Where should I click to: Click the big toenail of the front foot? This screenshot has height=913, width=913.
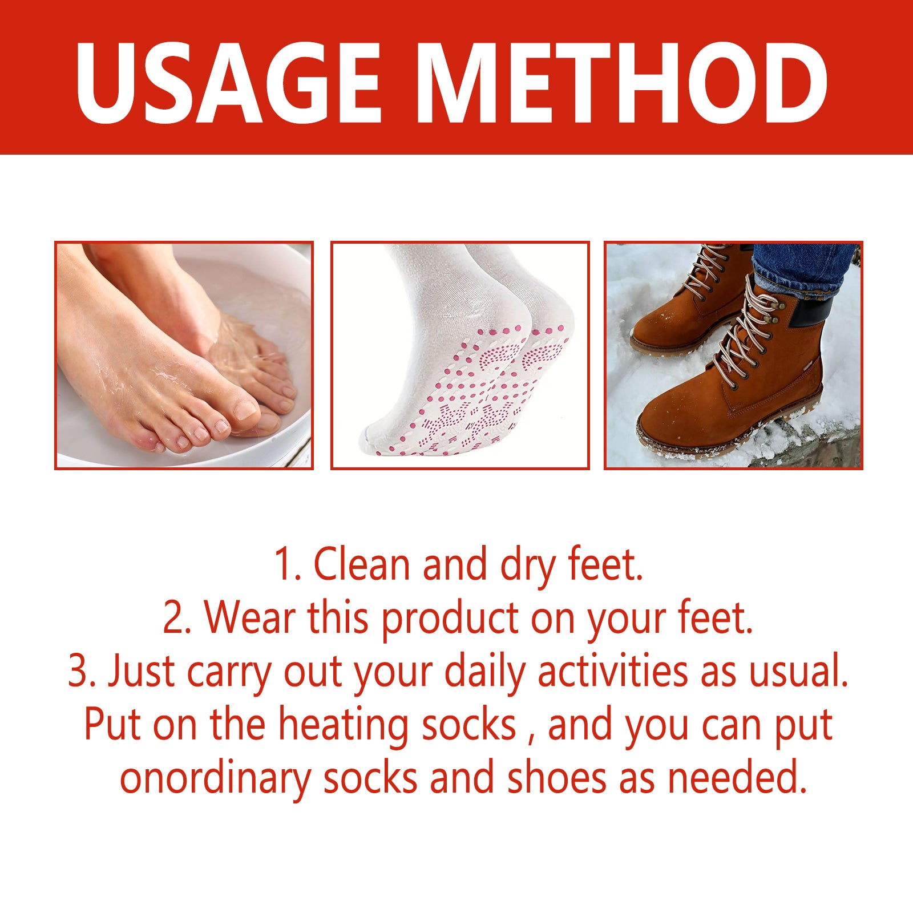tap(247, 409)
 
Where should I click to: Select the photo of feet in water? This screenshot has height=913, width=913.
tap(184, 355)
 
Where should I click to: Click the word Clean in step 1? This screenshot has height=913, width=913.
tap(362, 564)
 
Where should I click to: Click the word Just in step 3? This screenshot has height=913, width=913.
tap(142, 671)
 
